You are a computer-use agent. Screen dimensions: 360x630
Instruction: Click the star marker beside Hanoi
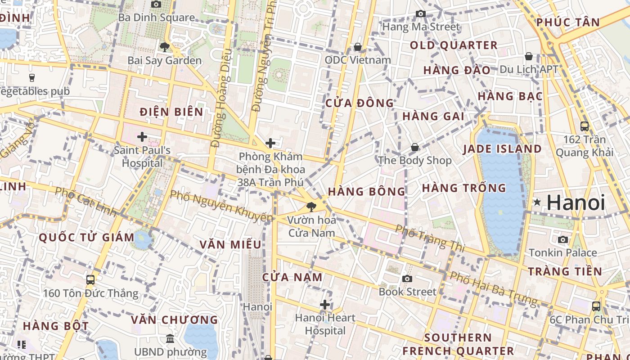tap(537, 202)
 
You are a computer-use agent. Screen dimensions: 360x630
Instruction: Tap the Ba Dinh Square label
tap(156, 18)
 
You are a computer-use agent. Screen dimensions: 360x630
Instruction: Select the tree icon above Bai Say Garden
tap(164, 47)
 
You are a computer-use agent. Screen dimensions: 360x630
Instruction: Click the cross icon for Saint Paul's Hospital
tap(142, 137)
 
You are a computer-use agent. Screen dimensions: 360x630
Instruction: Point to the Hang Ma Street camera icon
tap(421, 13)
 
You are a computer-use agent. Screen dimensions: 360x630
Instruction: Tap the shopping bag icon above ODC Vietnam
tap(358, 47)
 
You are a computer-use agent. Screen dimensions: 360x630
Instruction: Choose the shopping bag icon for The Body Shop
tap(415, 147)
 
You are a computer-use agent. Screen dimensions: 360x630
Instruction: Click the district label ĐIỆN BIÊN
tap(171, 112)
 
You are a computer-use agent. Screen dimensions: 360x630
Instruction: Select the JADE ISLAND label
tap(502, 149)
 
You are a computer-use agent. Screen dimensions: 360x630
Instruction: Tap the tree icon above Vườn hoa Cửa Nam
tap(310, 207)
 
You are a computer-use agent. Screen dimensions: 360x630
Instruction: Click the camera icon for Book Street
tap(407, 279)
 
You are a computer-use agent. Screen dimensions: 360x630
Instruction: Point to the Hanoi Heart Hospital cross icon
tap(325, 305)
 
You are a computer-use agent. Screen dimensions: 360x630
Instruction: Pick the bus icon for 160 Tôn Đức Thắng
tap(90, 280)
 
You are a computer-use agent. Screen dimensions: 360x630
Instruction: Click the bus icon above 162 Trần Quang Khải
tap(585, 126)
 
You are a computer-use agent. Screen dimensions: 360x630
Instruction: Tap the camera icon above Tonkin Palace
tap(562, 239)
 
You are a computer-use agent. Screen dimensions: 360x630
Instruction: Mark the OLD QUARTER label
tap(454, 45)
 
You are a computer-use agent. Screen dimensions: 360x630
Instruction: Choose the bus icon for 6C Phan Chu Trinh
tap(596, 306)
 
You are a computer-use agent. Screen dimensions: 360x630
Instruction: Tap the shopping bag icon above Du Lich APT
tap(529, 56)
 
